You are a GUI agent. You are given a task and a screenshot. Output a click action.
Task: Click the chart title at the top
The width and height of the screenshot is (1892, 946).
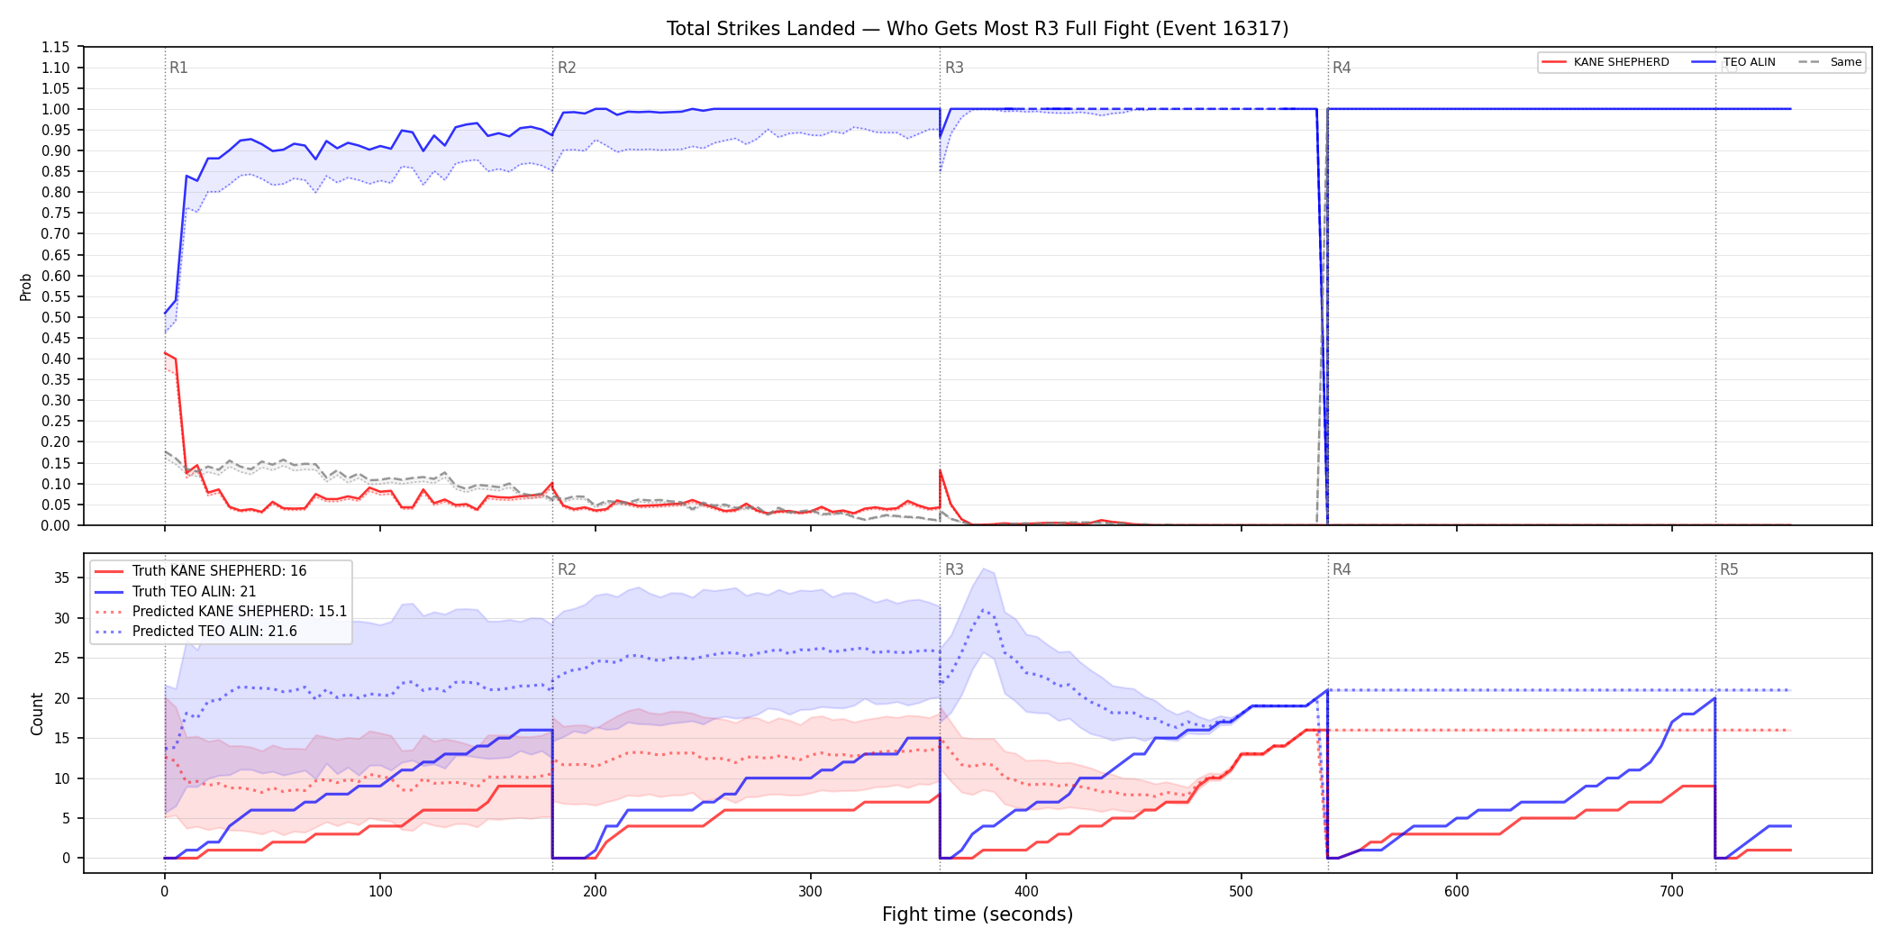coord(978,29)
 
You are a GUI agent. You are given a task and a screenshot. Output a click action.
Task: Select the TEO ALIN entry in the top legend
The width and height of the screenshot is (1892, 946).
coord(1733,62)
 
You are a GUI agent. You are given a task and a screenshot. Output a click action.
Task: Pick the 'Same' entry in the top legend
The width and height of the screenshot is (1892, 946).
coord(1830,62)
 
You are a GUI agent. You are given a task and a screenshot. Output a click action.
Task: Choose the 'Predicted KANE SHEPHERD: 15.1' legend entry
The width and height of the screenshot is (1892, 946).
coord(221,611)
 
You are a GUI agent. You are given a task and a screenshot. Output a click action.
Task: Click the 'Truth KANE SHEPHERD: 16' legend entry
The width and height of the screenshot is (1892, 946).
coord(201,570)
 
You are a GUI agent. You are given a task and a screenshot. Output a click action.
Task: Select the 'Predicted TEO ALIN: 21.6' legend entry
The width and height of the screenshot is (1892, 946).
coord(196,631)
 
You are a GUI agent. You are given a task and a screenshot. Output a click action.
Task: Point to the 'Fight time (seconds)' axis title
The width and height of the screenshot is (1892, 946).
coord(978,914)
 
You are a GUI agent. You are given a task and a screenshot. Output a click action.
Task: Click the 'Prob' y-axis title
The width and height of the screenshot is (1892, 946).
coord(26,287)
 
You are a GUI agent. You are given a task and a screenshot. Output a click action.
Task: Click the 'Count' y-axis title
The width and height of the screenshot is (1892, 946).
coord(37,714)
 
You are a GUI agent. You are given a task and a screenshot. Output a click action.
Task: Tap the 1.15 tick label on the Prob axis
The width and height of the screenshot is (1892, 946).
coord(55,47)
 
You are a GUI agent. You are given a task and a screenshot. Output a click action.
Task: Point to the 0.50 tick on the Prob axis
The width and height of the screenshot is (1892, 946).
coord(55,317)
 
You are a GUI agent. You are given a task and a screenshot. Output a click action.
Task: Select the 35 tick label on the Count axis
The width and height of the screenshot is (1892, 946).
coord(61,578)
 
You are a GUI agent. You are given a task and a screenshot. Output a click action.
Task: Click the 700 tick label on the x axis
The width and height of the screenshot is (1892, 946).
coord(1672,891)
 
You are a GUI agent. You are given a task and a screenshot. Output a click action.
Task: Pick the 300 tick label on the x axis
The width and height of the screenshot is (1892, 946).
coord(811,891)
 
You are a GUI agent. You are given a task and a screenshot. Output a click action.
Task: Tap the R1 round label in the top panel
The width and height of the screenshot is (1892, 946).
coord(178,68)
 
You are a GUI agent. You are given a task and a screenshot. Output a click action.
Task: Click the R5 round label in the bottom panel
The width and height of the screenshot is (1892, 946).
coord(1729,569)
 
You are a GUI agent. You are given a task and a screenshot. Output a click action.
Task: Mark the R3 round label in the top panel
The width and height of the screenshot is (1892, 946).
coord(954,68)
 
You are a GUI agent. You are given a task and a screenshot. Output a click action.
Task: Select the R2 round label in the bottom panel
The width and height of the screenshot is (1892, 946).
coord(567,569)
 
